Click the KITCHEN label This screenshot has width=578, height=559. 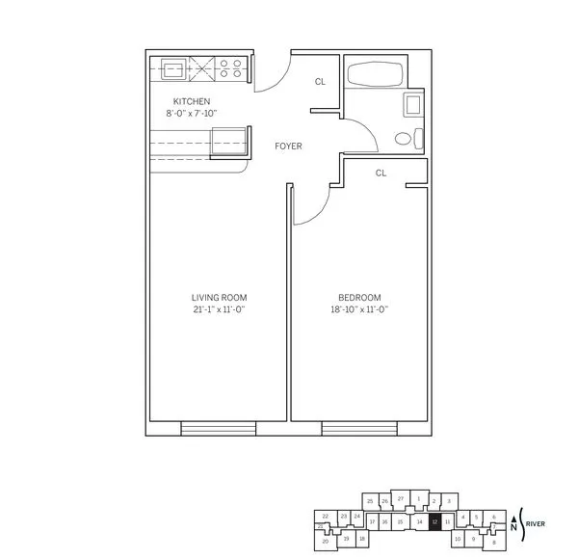click(191, 101)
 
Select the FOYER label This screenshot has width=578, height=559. click(288, 146)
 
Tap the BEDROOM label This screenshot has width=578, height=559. click(359, 297)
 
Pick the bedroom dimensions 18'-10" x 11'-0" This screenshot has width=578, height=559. click(359, 309)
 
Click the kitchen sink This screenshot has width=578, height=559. click(174, 68)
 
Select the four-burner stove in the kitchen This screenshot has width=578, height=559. click(231, 68)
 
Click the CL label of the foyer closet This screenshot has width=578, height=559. click(320, 82)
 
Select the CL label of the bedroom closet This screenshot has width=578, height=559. click(381, 173)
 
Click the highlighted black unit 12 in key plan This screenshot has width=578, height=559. click(434, 521)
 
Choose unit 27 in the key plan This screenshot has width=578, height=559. click(400, 498)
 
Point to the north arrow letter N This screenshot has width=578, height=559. click(513, 527)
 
